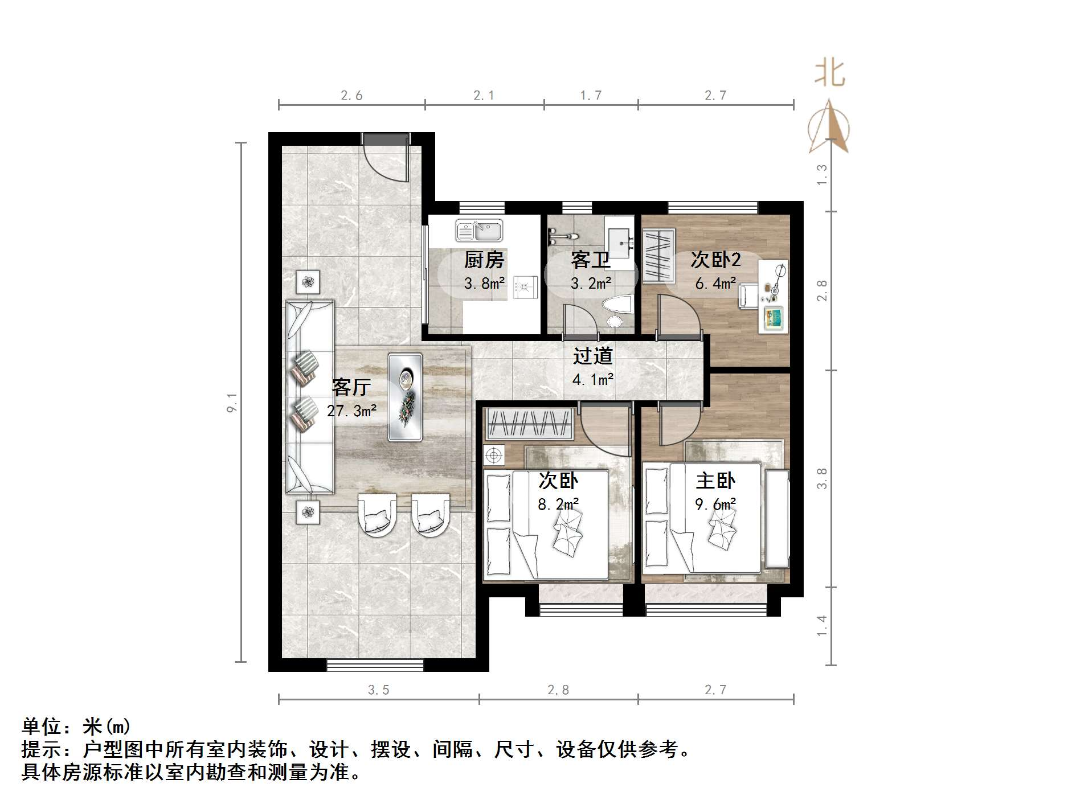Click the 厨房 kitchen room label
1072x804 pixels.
tap(484, 260)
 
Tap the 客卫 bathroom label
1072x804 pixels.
tap(591, 260)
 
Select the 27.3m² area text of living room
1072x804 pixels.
tap(351, 411)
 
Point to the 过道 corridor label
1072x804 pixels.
tap(592, 356)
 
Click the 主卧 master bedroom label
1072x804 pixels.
tap(715, 481)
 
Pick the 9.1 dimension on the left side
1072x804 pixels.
tap(232, 402)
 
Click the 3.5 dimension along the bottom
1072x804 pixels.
tap(378, 690)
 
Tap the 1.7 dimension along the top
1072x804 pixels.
tap(591, 95)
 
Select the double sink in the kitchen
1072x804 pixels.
tap(479, 231)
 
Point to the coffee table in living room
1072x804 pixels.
tap(405, 397)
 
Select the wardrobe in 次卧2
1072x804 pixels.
tap(658, 255)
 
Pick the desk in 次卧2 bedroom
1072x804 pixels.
tap(774, 296)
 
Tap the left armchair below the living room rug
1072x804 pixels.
tap(377, 515)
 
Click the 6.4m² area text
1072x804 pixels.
tap(715, 283)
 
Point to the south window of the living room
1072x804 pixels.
tap(375, 664)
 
